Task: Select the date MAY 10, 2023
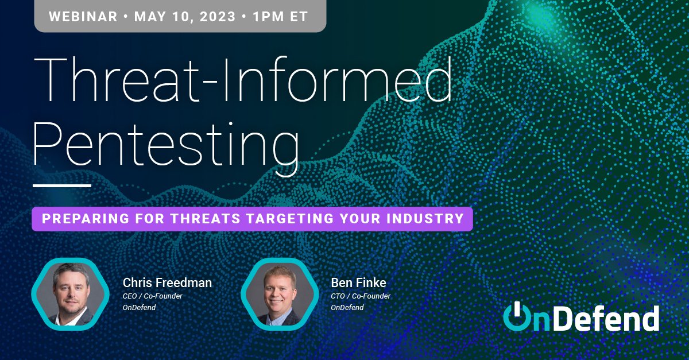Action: coord(184,16)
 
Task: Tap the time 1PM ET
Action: coord(280,16)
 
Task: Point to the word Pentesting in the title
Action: coord(167,140)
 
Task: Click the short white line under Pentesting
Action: coord(62,185)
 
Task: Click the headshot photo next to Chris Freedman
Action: coord(71,294)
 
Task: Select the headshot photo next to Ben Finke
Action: coord(280,294)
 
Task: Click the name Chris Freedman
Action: coord(167,282)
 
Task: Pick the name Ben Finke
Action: coord(358,282)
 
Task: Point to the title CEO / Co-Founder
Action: coord(152,296)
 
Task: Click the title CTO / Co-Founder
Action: coord(361,296)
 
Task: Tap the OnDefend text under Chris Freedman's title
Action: coord(139,307)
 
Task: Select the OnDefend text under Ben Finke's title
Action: coord(347,307)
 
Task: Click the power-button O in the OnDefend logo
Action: coord(518,318)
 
